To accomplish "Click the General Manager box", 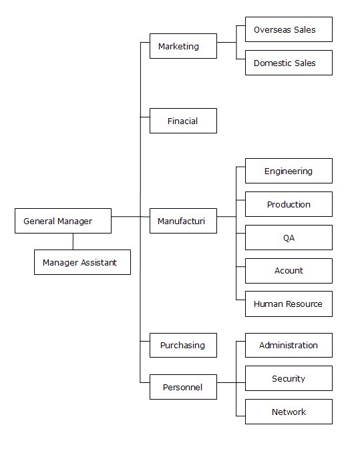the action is coord(63,221).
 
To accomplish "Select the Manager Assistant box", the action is coord(83,262).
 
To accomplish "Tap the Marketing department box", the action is coord(183,46).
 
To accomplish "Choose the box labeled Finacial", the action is coord(183,121).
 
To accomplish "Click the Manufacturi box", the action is coord(183,221).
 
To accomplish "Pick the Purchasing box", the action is coord(183,345).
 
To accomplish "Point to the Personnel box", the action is coord(183,387).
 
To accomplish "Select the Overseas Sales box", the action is coord(289,29).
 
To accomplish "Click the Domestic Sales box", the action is coord(289,63).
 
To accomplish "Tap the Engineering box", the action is coord(289,171).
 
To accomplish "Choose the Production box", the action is coord(289,204).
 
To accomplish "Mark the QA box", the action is coord(289,238).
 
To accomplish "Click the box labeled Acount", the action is coord(289,271).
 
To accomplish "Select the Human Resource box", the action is coord(289,304).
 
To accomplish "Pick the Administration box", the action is coord(289,345).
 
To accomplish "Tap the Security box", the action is coord(289,378).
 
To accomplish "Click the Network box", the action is coord(289,412).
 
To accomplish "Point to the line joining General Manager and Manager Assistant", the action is coord(73,242).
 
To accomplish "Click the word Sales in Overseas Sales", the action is coord(305,29).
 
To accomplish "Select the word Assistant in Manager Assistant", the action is coord(99,262).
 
